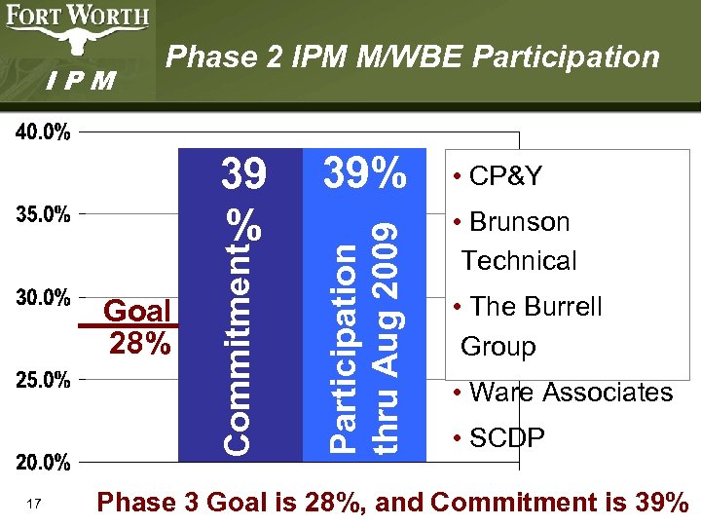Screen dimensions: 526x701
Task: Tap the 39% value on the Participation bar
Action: pyautogui.click(x=364, y=174)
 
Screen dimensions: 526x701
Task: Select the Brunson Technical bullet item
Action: pyautogui.click(x=516, y=241)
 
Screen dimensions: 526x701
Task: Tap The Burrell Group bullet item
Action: pyautogui.click(x=531, y=325)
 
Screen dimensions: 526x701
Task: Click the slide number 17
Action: pyautogui.click(x=34, y=504)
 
